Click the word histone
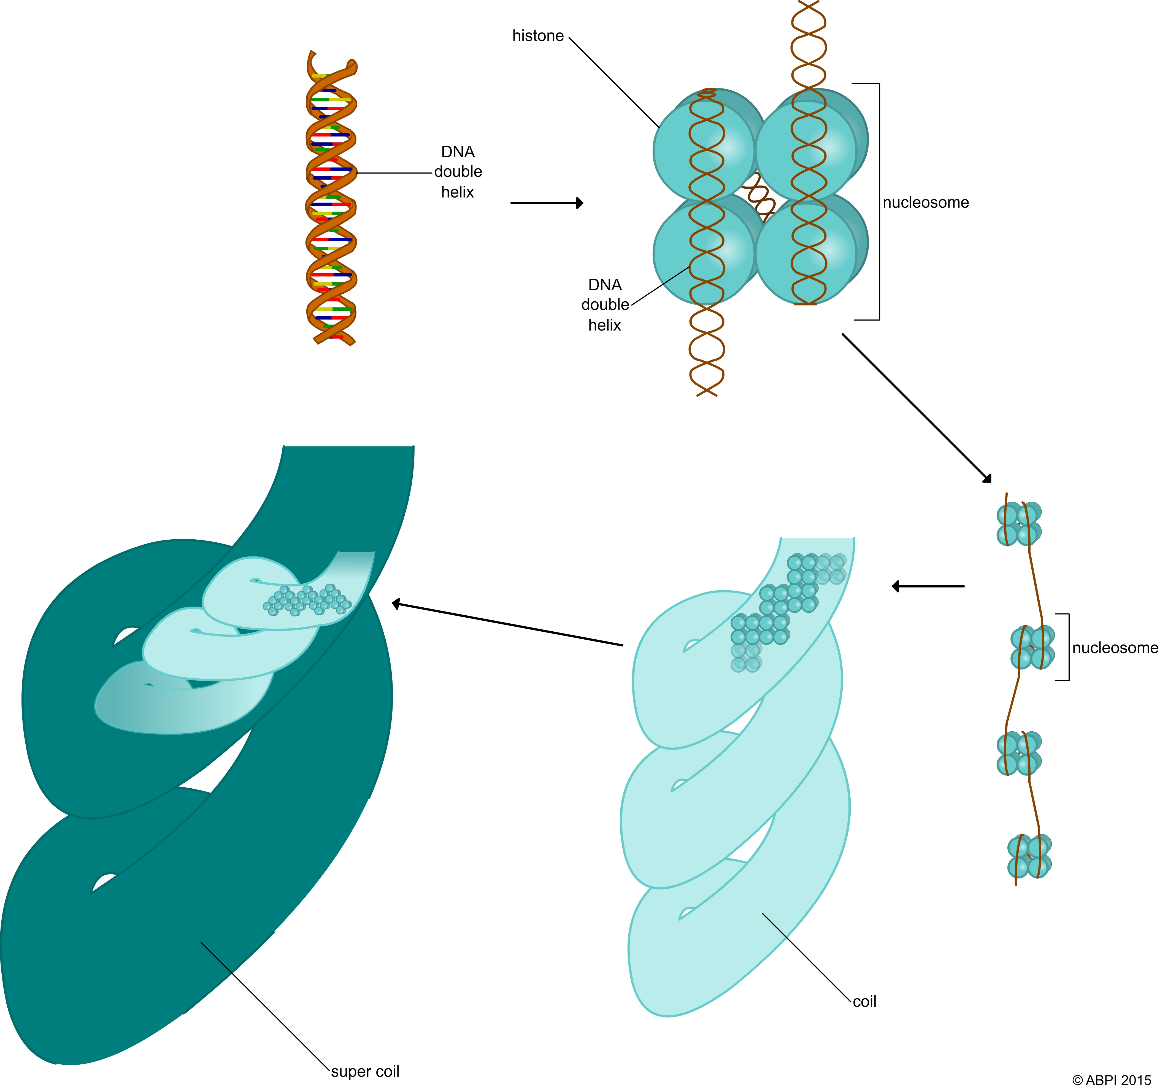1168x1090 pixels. tap(538, 36)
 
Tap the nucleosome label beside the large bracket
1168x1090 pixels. tap(925, 203)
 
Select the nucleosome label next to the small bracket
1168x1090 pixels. tap(1115, 648)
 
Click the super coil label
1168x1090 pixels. tap(365, 1071)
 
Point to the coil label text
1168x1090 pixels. tap(864, 1001)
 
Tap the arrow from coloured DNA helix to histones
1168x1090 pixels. tap(547, 203)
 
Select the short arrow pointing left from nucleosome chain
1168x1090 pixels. tap(928, 586)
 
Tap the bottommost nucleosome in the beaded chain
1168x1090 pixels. tap(1029, 856)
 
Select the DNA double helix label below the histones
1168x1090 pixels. tap(605, 305)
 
